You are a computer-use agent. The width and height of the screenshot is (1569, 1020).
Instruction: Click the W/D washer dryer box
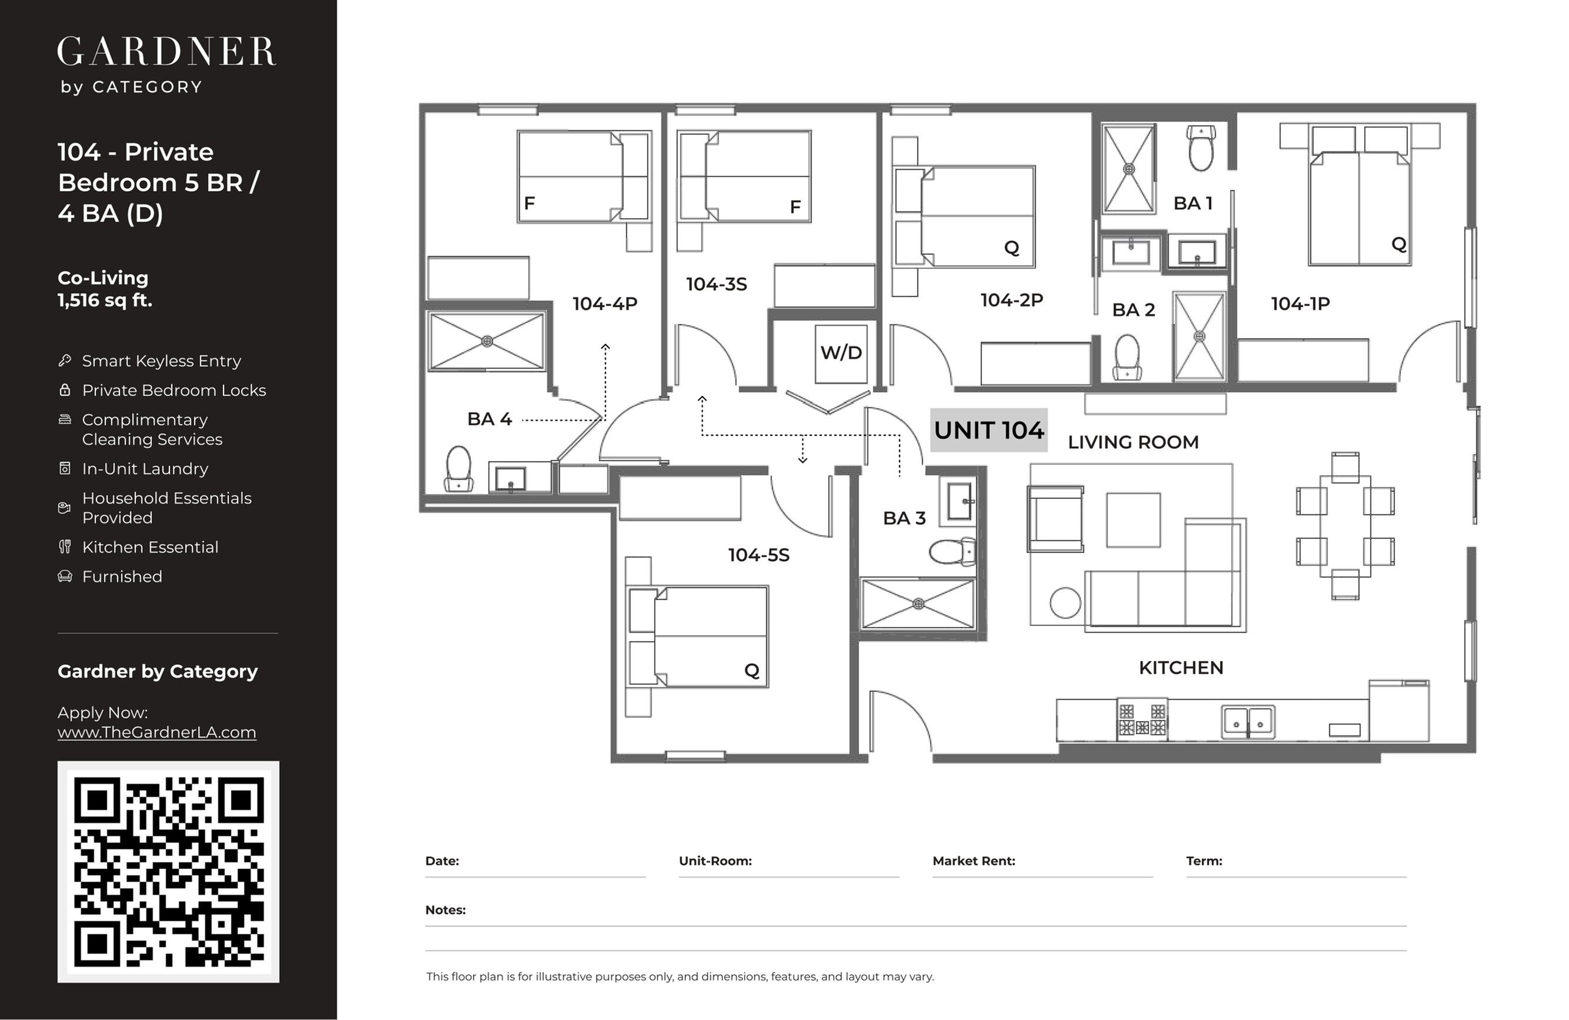(841, 354)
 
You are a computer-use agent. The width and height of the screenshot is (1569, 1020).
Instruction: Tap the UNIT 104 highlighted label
(989, 430)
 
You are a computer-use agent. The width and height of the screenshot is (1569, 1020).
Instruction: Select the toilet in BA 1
(1201, 148)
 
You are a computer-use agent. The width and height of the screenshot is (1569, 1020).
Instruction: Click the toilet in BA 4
(459, 469)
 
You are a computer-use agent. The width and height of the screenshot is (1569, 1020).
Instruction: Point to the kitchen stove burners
(1142, 719)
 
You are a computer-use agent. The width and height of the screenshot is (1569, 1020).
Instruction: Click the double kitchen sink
(1248, 722)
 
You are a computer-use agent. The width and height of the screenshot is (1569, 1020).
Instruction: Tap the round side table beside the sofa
(1065, 602)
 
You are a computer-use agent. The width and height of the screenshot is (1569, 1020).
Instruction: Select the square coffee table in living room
(1133, 519)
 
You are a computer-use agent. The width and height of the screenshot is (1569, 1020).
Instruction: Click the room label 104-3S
(716, 284)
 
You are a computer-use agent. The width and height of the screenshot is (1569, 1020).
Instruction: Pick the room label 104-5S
(758, 555)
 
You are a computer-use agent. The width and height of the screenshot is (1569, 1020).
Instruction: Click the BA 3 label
(904, 518)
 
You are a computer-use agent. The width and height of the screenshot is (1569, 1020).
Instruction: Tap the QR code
(169, 872)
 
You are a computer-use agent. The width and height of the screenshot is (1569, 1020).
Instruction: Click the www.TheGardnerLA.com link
(157, 732)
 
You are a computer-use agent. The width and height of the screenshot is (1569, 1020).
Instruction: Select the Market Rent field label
(974, 861)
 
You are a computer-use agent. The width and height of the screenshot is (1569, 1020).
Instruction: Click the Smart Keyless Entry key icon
(65, 360)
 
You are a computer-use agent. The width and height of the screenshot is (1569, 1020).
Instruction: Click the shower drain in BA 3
(918, 604)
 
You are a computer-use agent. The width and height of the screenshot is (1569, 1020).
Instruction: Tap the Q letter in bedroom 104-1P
(1398, 245)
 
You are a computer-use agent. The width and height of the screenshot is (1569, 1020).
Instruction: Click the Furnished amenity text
(122, 576)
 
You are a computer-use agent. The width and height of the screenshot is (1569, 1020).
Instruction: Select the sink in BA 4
(510, 478)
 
